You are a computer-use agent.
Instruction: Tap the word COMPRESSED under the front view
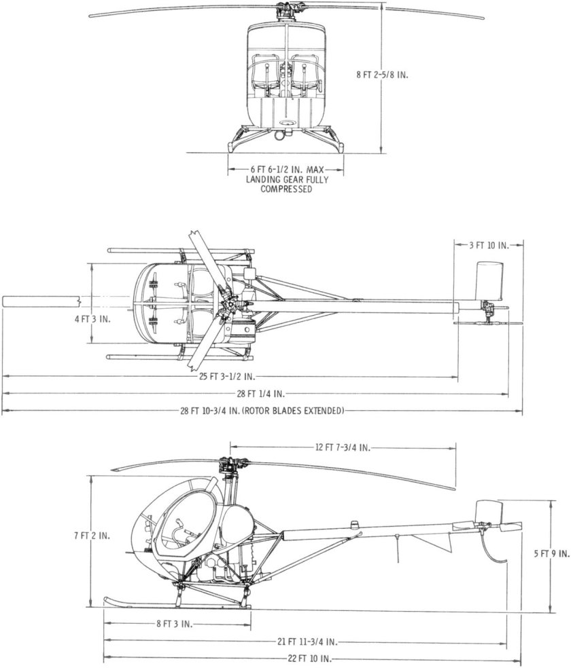286,190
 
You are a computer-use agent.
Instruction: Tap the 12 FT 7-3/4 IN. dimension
342,447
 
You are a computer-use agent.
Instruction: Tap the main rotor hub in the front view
285,12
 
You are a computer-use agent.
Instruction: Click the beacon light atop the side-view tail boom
355,524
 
